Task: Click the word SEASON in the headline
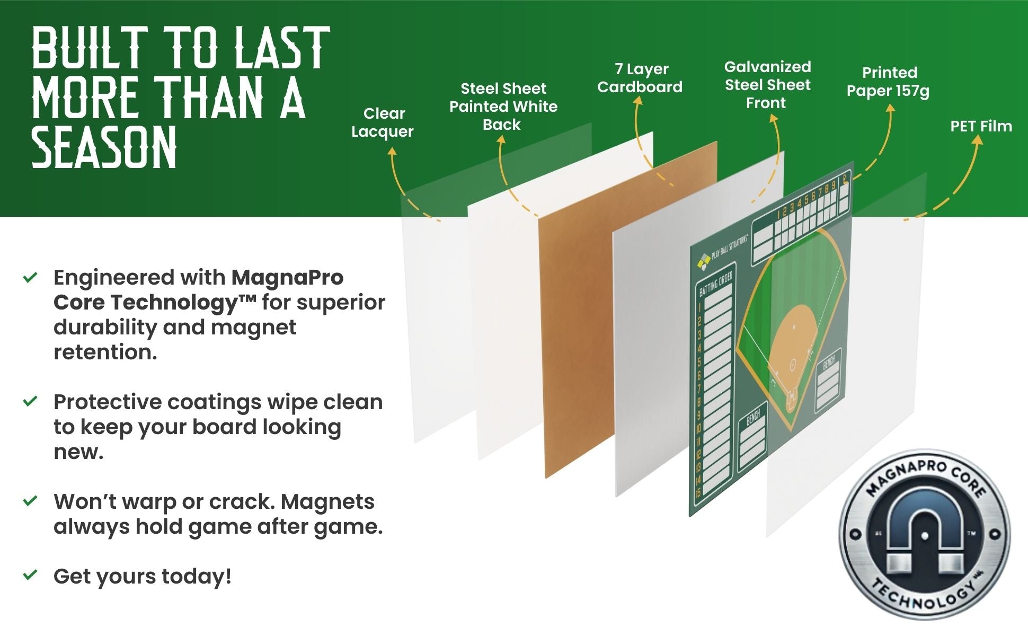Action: [x=104, y=148]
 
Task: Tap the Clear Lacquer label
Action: [x=383, y=122]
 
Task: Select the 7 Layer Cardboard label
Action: [x=640, y=78]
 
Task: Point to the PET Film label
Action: [x=981, y=126]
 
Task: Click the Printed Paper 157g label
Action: [x=888, y=82]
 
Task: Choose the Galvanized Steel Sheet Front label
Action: [x=767, y=85]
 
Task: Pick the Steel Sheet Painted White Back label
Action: [x=503, y=107]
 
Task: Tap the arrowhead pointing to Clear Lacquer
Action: [x=392, y=152]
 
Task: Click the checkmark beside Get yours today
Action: [x=31, y=575]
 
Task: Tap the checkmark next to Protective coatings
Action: [x=31, y=401]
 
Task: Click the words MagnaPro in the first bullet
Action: [x=288, y=277]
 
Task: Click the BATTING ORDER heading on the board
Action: [x=715, y=284]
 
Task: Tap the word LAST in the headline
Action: [x=282, y=49]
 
